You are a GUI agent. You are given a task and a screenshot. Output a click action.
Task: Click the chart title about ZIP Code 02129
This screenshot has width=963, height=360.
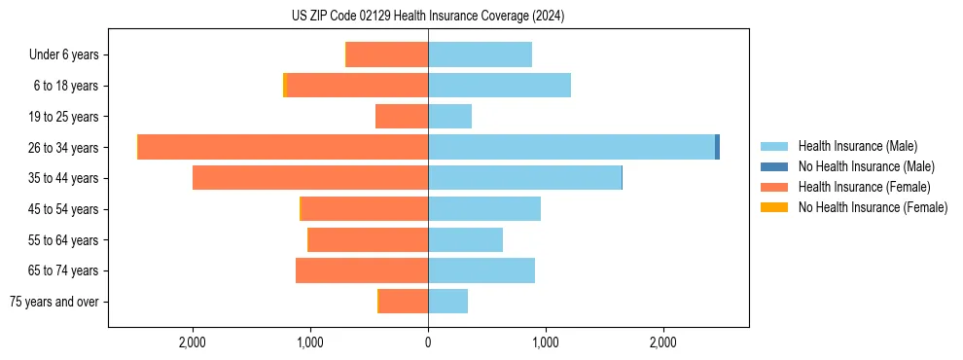(x=428, y=16)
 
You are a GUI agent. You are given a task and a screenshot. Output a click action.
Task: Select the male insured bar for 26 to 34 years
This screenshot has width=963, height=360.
(x=571, y=147)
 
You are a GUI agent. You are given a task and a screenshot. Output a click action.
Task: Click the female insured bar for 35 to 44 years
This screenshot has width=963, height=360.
(x=310, y=178)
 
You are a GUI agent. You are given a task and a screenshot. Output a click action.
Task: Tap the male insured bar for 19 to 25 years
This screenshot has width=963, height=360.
(x=449, y=117)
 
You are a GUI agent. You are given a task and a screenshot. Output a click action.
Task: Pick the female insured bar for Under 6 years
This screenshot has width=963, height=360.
(x=387, y=54)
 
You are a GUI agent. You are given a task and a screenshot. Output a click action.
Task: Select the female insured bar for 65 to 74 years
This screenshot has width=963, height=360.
(x=362, y=270)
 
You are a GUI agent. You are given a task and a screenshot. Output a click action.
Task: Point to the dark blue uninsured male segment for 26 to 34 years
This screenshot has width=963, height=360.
(x=717, y=147)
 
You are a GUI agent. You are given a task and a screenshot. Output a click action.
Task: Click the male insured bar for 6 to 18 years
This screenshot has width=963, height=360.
(x=499, y=86)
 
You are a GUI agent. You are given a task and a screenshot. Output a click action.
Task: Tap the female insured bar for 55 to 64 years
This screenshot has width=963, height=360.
(x=368, y=239)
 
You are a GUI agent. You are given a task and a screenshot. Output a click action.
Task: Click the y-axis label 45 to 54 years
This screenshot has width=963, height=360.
(x=64, y=209)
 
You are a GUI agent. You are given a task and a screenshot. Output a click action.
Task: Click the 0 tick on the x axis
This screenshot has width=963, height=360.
(x=428, y=342)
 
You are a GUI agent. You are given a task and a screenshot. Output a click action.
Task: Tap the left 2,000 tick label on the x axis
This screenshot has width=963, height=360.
(x=193, y=342)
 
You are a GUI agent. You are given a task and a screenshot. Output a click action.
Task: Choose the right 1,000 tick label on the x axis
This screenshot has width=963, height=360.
(x=546, y=342)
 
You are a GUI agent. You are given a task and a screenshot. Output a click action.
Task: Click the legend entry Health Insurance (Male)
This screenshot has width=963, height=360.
(x=857, y=146)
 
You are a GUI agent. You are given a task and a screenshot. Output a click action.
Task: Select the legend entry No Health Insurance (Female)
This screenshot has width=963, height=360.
(x=873, y=207)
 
